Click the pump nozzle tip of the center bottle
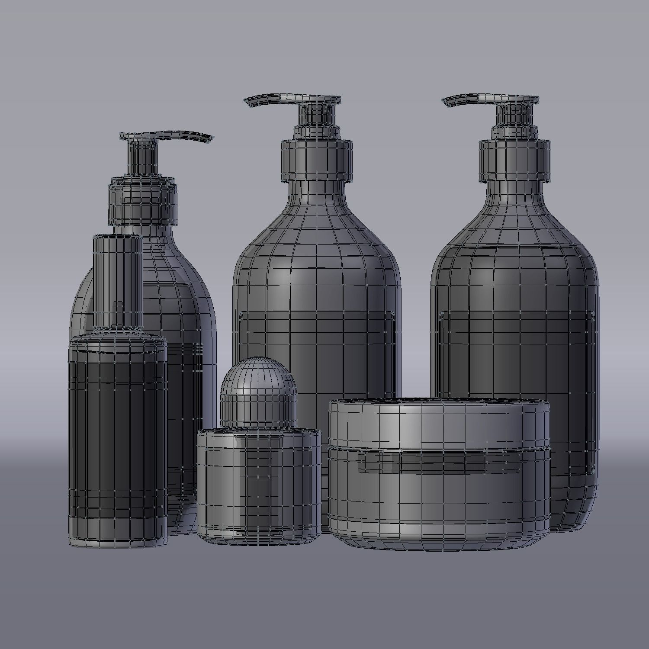248,102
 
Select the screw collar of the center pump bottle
316,160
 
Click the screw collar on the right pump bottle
514,160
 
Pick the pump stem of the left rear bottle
142,158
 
